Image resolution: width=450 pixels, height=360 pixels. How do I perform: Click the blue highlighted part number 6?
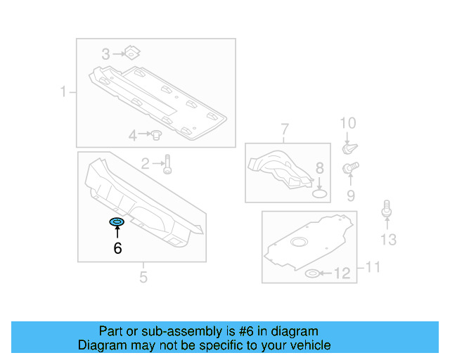tap(117, 223)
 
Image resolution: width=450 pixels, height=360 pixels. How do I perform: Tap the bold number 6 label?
tap(117, 248)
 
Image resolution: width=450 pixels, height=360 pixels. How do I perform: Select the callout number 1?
tap(63, 92)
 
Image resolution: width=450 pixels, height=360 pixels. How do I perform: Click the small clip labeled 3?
tap(131, 52)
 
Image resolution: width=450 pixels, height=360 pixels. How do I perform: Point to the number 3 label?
tap(105, 53)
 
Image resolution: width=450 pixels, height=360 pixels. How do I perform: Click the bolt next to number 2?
tap(167, 165)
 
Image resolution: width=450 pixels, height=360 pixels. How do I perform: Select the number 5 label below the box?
tap(143, 277)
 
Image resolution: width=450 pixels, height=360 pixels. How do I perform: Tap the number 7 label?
tap(285, 129)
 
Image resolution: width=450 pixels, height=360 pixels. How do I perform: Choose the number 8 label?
tap(319, 168)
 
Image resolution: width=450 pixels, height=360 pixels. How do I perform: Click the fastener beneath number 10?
tap(348, 148)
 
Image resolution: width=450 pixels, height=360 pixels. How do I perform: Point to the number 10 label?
tap(348, 124)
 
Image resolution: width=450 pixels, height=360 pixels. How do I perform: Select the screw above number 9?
tap(348, 169)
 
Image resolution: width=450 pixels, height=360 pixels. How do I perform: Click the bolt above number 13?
tap(386, 210)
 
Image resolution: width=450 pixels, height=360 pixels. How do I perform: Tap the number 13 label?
tap(388, 240)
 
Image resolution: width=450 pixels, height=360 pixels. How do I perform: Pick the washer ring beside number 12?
tap(314, 273)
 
